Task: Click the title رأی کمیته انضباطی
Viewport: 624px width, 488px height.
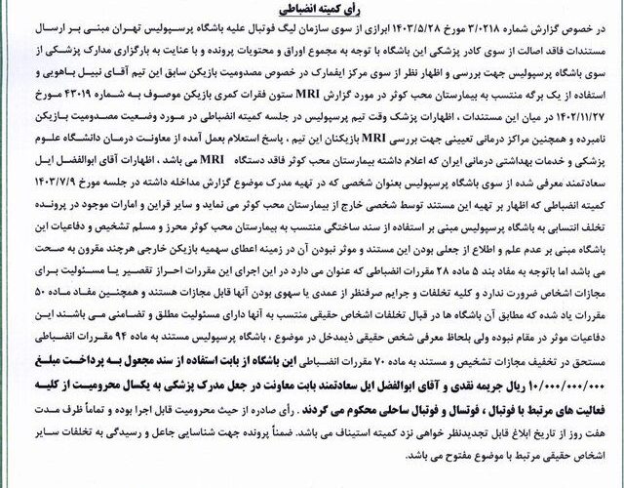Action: pyautogui.click(x=311, y=13)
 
